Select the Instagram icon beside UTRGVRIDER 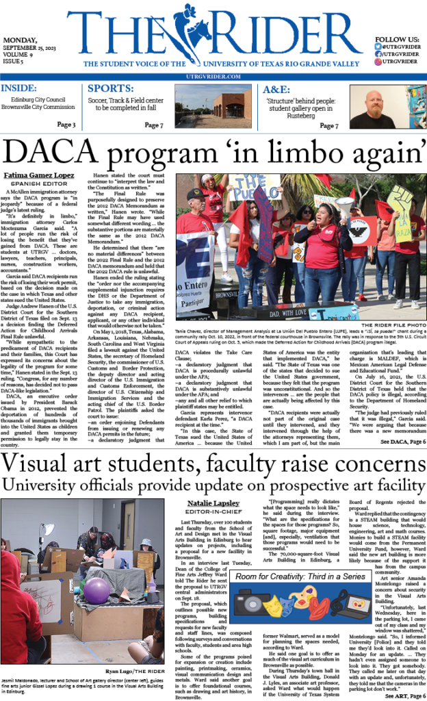coord(378,61)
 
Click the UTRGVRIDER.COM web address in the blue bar coord(214,76)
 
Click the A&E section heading coord(275,88)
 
